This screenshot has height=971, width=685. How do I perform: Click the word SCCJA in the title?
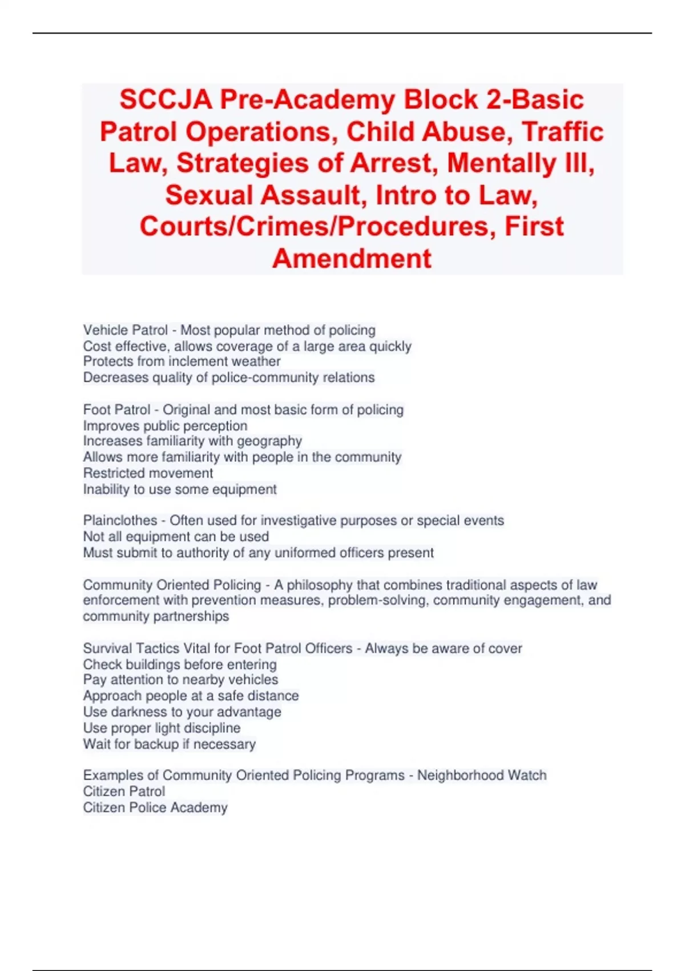coord(166,100)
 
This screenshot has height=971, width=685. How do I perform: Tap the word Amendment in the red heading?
coord(352,258)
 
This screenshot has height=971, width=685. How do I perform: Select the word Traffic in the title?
coord(562,132)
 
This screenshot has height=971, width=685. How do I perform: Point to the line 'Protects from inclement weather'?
coord(182,362)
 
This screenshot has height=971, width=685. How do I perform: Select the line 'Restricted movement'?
coord(148,473)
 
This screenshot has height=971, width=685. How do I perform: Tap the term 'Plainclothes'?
coord(120,520)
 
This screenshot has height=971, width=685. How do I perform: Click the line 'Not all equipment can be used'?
coord(176,537)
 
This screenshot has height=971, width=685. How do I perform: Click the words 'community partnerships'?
coord(156,616)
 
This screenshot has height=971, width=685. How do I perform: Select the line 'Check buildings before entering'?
coord(180,665)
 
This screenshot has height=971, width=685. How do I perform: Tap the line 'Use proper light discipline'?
coord(162,728)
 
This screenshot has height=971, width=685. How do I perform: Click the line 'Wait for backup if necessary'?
coord(169,744)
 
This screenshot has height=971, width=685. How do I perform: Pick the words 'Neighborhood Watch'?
coord(482,775)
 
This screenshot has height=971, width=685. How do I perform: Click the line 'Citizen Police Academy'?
coord(155,808)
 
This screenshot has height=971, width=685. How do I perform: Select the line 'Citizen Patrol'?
coord(124,792)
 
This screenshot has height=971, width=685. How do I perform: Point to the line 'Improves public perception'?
coord(165,426)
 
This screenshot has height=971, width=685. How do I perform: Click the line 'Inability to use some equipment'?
coord(180,489)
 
